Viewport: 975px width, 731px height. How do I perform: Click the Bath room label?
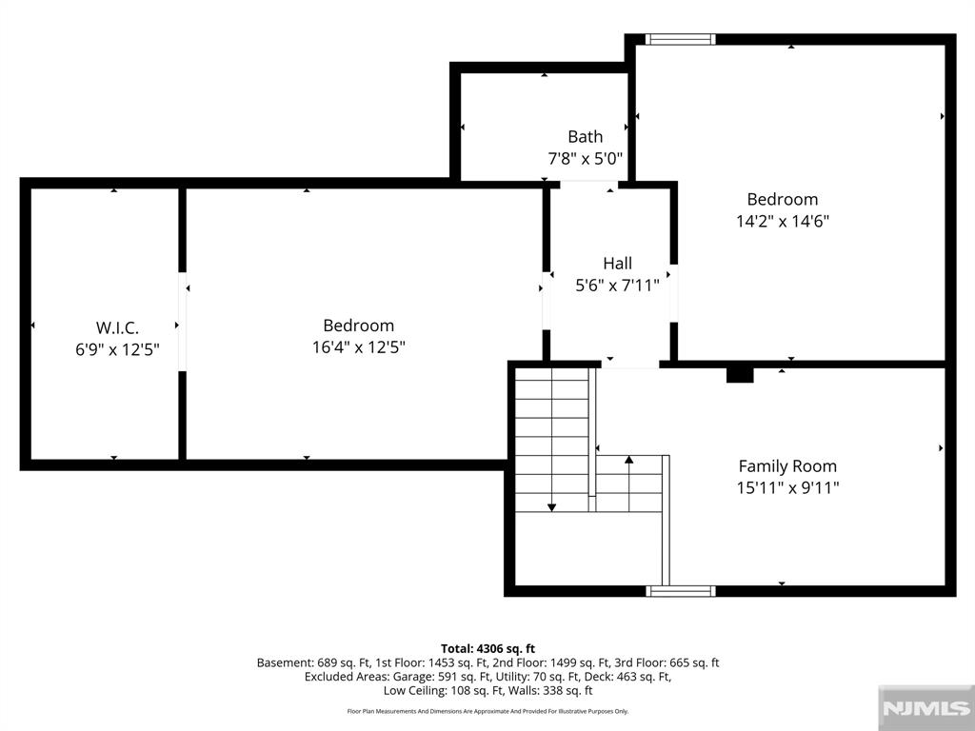tap(586, 136)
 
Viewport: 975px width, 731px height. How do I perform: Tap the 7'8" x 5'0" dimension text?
tap(586, 159)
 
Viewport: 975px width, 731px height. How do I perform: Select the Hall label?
tap(617, 263)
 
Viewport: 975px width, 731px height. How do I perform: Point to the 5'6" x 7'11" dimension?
tap(617, 286)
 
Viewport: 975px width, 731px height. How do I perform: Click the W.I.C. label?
tap(117, 327)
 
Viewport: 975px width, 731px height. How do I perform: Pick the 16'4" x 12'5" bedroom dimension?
tap(359, 346)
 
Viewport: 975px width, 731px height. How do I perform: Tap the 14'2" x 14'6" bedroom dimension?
tap(783, 221)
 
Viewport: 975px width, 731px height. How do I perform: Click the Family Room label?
tap(787, 466)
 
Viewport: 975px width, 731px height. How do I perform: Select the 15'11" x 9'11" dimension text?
tap(787, 488)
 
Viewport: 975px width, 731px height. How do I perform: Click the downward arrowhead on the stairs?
tap(551, 508)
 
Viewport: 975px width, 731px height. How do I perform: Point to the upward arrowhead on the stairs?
tap(629, 460)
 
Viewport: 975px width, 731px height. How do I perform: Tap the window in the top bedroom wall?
tap(680, 39)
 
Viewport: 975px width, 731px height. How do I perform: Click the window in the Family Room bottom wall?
tap(680, 591)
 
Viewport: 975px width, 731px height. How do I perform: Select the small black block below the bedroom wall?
tap(740, 375)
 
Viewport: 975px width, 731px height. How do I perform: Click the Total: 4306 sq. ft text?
tap(488, 649)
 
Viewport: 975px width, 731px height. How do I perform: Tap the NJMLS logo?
tap(926, 708)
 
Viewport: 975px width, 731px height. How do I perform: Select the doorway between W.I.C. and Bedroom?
tap(182, 322)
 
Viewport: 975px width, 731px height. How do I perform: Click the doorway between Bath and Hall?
tap(589, 185)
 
